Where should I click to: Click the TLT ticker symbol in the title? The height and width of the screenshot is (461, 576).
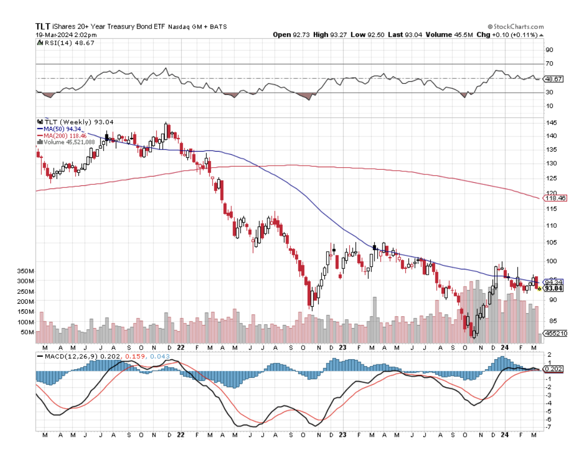(x=42, y=26)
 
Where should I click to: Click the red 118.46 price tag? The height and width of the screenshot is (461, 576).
(x=554, y=198)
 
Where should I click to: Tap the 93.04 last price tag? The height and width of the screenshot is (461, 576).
(x=554, y=288)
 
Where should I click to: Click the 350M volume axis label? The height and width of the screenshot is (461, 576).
(x=25, y=271)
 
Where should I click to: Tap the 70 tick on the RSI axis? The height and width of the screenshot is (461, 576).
(x=548, y=64)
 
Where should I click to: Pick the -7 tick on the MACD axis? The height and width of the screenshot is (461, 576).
(x=548, y=427)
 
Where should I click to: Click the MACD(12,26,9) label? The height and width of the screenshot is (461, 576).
(x=65, y=356)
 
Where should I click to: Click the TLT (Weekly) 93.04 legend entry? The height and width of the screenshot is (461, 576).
(x=75, y=122)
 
